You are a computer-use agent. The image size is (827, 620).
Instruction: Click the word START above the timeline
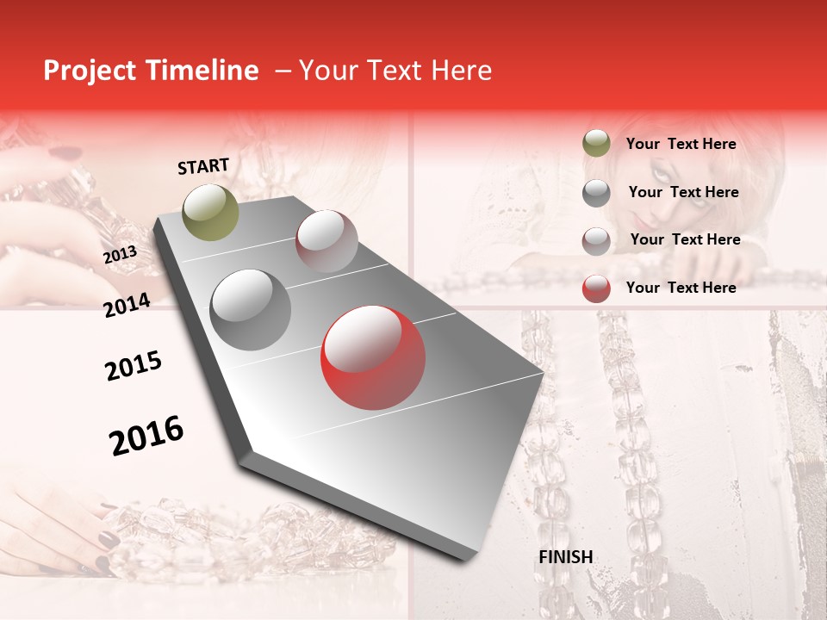point(203,166)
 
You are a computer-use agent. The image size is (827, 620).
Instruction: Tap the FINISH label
point(565,556)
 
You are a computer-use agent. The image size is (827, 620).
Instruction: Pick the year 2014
point(127,305)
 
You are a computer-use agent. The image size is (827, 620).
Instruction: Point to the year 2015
point(134,366)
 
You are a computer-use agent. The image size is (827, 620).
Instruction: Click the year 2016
point(146,435)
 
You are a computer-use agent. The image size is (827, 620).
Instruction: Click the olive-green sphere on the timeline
point(211,212)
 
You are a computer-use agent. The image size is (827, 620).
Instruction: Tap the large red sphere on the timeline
point(373,357)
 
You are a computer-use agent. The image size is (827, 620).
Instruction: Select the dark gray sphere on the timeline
point(251,309)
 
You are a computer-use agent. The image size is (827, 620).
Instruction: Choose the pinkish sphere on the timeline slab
point(326,241)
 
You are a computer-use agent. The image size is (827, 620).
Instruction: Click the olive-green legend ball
point(596,144)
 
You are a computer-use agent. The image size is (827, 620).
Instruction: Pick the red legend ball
point(596,288)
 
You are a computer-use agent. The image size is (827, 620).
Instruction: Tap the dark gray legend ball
point(596,193)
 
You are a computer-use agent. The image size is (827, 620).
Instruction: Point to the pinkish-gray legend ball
point(596,240)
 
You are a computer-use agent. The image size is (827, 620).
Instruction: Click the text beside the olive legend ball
point(681,144)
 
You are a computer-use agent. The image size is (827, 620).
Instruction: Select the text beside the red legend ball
point(681,288)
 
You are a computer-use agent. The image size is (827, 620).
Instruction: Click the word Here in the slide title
point(461,71)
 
